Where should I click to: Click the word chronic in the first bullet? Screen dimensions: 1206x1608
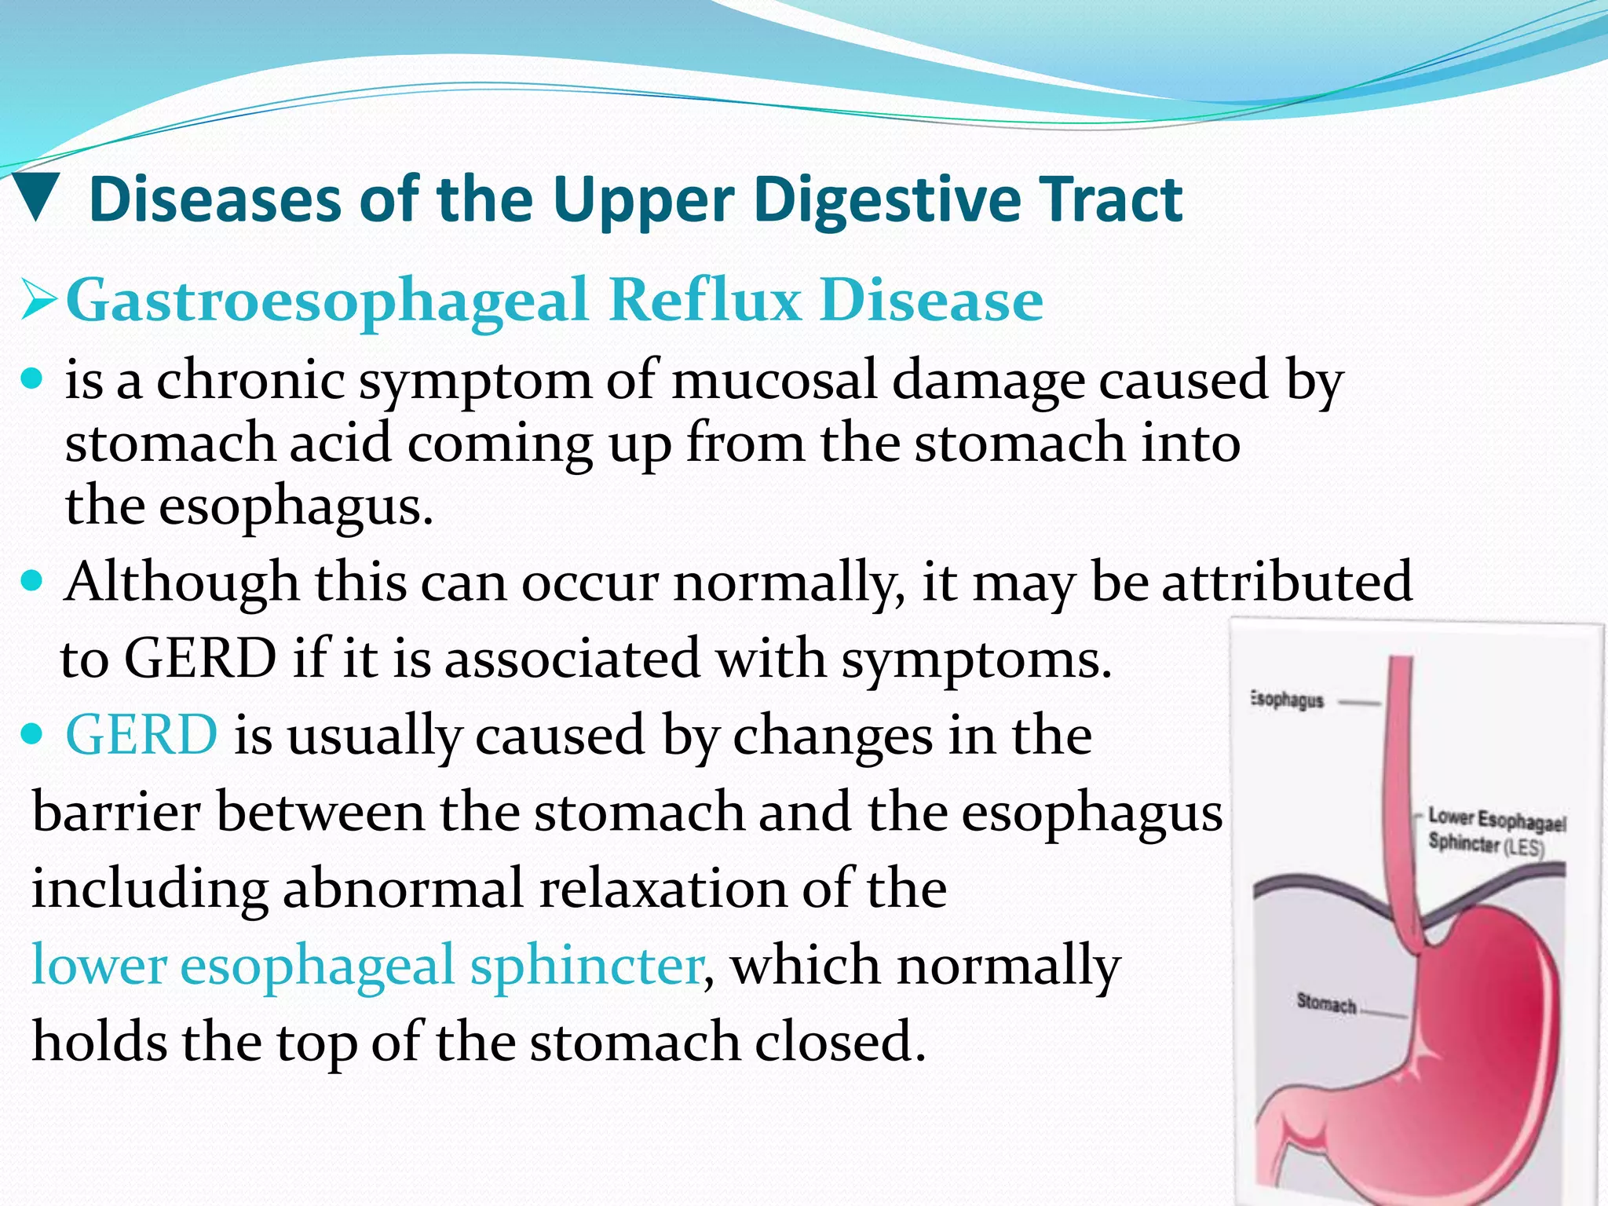[x=250, y=380]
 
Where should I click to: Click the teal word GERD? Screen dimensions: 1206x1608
[x=141, y=736]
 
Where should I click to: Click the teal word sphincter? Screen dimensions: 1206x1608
[x=586, y=965]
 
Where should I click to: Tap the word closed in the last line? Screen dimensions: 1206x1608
[x=840, y=1042]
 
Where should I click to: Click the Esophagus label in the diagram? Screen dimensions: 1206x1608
[x=1287, y=700]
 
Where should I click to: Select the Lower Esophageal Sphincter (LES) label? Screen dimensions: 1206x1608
[x=1495, y=831]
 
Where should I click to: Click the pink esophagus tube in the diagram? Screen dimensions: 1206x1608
[x=1398, y=785]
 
